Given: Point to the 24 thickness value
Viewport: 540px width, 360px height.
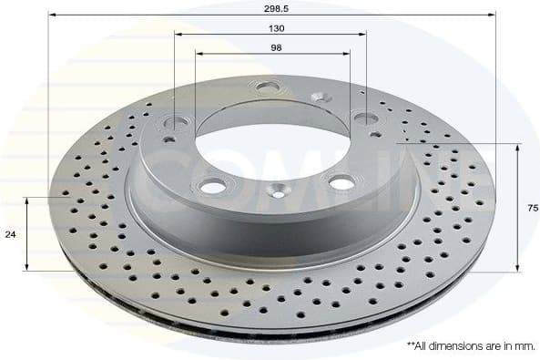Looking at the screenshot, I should click(x=10, y=234).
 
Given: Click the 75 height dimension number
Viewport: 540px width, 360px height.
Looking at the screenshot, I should click(x=532, y=208).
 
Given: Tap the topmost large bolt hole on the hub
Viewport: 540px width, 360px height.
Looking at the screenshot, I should click(x=268, y=87).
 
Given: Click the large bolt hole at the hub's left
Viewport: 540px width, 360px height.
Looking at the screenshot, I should click(x=175, y=122).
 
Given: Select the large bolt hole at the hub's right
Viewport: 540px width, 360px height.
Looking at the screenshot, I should click(x=365, y=118).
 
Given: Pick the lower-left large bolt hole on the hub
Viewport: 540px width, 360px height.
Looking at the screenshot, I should click(x=212, y=186).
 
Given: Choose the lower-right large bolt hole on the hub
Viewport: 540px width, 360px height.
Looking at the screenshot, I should click(x=341, y=182).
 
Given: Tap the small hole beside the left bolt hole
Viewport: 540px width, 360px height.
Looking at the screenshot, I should click(x=168, y=139).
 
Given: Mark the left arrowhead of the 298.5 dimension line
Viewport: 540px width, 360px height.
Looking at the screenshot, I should click(x=52, y=15).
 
